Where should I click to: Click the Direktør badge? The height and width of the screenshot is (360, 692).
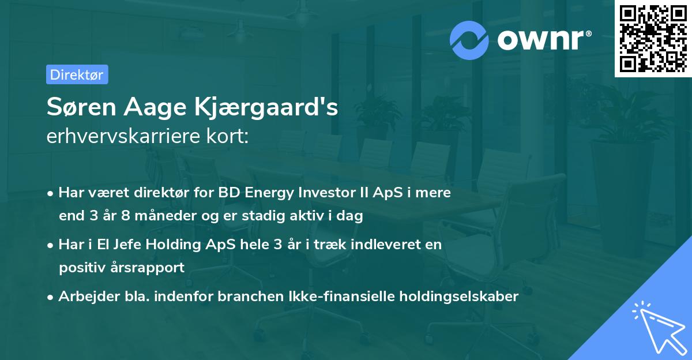77,74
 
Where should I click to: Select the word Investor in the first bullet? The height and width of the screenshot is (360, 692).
326,193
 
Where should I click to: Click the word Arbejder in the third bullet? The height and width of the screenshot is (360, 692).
82,297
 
